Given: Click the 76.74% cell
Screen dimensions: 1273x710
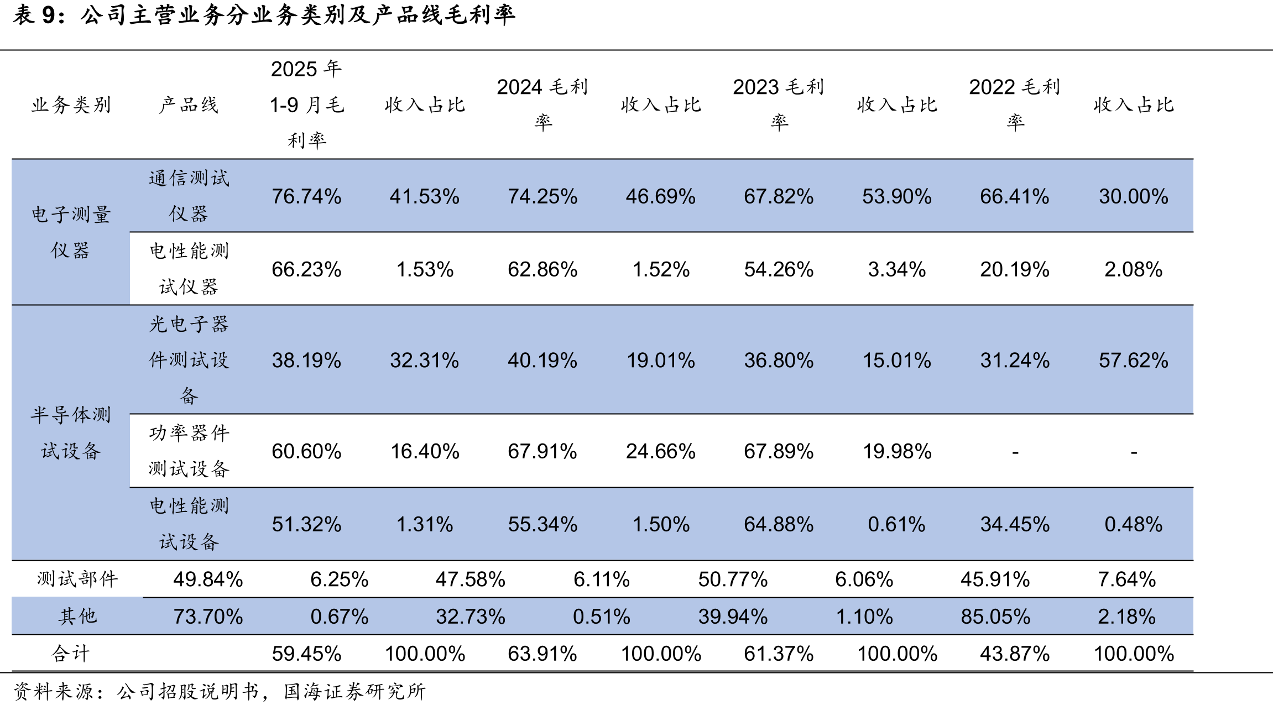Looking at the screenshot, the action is tap(306, 196).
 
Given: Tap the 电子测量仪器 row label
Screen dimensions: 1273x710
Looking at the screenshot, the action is tap(71, 232).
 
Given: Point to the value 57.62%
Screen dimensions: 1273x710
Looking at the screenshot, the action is tap(1133, 361).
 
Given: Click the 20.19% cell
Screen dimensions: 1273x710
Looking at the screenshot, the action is tap(1015, 269).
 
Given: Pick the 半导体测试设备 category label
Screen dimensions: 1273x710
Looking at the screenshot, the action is tap(71, 432).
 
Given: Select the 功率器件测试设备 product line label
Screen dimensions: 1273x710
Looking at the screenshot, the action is tap(189, 451).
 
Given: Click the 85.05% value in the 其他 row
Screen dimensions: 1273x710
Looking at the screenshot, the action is tap(995, 617).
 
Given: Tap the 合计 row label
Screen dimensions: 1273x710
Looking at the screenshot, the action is tap(71, 654).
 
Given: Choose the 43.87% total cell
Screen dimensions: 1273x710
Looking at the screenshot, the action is tap(1015, 654).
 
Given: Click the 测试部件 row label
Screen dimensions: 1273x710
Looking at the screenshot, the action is tap(77, 579).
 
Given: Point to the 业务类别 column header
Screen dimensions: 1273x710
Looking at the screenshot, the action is tap(71, 105).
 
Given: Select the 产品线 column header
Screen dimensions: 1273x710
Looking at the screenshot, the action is tap(189, 105).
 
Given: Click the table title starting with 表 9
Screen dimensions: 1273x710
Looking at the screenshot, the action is tap(264, 15).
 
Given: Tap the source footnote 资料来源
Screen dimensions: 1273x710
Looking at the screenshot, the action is tap(220, 691).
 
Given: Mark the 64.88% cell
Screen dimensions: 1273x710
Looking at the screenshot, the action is tap(779, 524).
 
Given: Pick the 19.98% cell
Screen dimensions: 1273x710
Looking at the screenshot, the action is tap(897, 451).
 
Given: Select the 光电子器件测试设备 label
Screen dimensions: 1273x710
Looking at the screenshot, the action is tap(189, 360).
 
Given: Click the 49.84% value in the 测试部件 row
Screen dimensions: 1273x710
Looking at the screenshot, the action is tap(208, 580).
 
